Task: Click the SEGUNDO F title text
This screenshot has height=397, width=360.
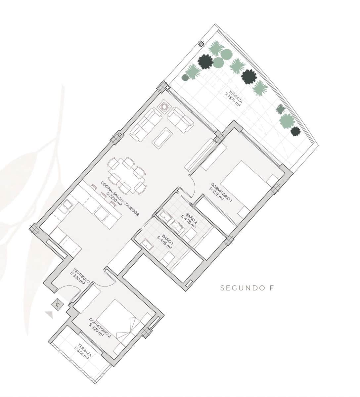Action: point(247,288)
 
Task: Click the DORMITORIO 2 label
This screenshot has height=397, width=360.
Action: point(100,327)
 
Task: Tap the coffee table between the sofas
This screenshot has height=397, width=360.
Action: point(162,138)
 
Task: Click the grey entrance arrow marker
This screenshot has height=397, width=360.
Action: point(49,314)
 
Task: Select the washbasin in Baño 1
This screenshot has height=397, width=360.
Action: point(146,245)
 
